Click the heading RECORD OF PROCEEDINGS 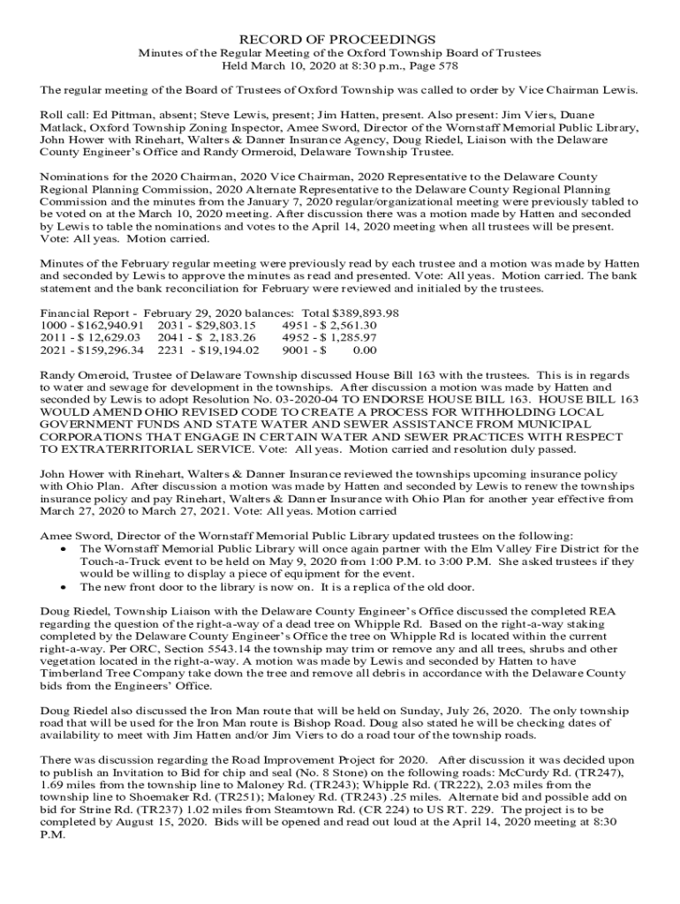tap(339, 40)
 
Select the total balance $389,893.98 tap(365, 313)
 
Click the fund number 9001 tap(297, 350)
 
